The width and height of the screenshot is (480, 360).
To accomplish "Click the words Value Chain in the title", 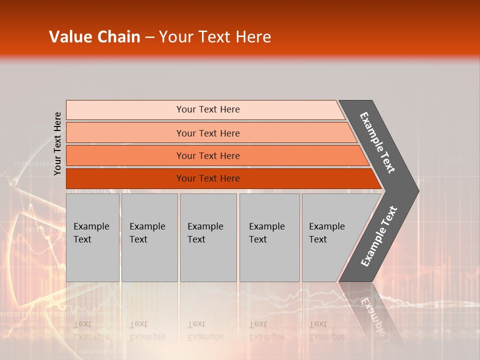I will coord(94,37).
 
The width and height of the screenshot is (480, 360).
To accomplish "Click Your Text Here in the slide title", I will coord(215,37).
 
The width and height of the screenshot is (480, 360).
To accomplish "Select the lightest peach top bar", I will coord(125,110).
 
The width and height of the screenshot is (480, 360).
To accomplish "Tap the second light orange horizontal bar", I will coord(125,133).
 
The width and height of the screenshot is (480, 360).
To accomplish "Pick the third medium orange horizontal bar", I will coord(125,155).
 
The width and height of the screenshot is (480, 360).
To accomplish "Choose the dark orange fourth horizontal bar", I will coord(125,178).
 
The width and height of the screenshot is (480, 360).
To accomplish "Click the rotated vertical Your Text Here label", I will coord(57,144).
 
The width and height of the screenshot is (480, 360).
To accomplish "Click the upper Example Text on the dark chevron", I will coord(378,142).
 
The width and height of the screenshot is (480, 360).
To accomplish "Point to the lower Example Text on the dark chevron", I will coord(379,236).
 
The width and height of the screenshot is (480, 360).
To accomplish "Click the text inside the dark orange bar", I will coord(208,178).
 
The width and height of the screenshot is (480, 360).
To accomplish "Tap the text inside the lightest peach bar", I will coord(208,109).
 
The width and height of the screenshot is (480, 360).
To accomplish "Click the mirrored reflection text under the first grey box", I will coord(91,330).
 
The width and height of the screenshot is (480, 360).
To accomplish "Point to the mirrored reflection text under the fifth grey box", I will coord(326,330).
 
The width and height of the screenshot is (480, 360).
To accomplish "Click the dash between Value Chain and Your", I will coord(149,37).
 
